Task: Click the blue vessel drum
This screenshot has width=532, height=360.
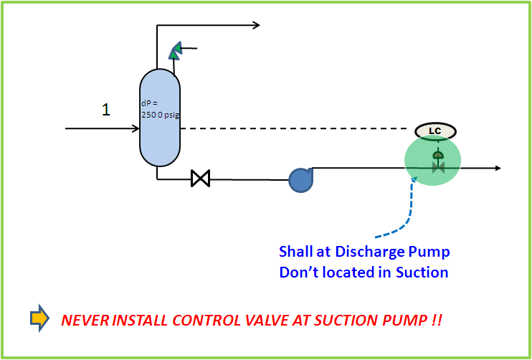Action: [x=159, y=143]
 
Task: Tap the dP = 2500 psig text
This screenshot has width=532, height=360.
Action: [x=157, y=108]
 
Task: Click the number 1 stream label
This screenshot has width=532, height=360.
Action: [x=106, y=110]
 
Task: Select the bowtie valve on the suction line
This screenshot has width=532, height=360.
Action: [x=200, y=178]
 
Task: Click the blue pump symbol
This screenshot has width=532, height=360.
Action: [x=300, y=179]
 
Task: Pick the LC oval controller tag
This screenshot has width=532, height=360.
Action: [x=435, y=131]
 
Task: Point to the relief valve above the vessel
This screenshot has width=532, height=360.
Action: [x=175, y=51]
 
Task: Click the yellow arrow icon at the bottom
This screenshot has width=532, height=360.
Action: [x=40, y=318]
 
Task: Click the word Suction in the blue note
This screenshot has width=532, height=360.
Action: [x=424, y=272]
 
